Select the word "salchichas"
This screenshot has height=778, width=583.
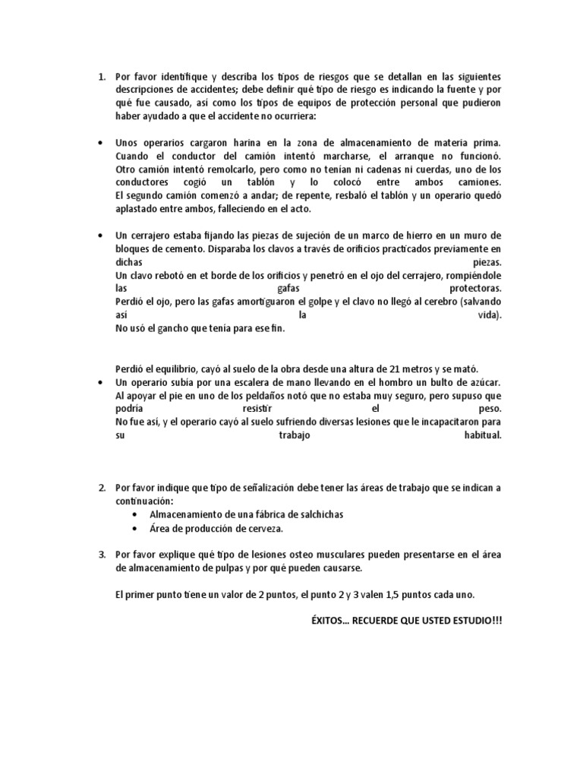tap(317, 514)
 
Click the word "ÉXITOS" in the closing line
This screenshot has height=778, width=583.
tap(322, 621)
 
